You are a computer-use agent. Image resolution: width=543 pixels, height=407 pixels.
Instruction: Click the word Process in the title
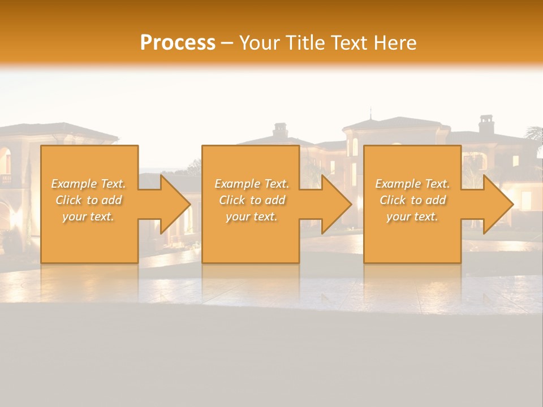pyautogui.click(x=178, y=43)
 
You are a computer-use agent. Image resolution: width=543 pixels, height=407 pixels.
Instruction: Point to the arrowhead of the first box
pyautogui.click(x=175, y=204)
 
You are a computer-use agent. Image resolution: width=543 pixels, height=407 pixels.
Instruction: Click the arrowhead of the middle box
pyautogui.click(x=337, y=204)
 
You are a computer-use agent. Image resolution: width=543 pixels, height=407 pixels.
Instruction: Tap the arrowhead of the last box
pyautogui.click(x=498, y=204)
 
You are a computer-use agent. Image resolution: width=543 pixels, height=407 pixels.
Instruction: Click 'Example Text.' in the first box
pyautogui.click(x=88, y=184)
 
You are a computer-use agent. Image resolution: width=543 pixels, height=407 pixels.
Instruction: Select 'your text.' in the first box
pyautogui.click(x=88, y=217)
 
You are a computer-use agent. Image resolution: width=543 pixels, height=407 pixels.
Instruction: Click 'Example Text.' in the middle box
pyautogui.click(x=252, y=184)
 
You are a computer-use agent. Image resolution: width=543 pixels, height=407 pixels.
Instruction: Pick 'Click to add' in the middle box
pyautogui.click(x=252, y=200)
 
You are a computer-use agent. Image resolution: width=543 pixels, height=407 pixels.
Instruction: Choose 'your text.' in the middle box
pyautogui.click(x=252, y=217)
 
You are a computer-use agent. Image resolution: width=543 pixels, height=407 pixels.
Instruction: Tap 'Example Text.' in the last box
pyautogui.click(x=412, y=184)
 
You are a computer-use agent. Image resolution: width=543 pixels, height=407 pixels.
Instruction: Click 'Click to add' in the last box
pyautogui.click(x=412, y=200)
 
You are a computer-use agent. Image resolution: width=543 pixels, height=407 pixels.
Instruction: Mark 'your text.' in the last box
pyautogui.click(x=412, y=217)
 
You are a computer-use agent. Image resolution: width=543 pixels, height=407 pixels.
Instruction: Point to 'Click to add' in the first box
pyautogui.click(x=88, y=200)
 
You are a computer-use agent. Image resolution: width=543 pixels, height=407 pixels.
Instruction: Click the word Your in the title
pyautogui.click(x=258, y=43)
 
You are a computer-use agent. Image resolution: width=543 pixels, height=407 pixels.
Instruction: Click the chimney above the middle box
pyautogui.click(x=280, y=130)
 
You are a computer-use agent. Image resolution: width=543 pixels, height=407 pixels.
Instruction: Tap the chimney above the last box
pyautogui.click(x=486, y=124)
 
